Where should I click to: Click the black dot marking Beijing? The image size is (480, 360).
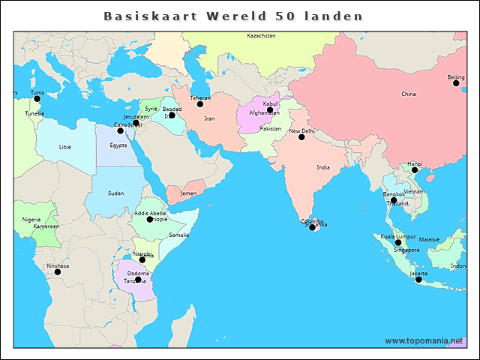456,83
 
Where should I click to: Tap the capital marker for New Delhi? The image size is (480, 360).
301,136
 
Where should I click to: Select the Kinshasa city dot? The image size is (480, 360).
58,271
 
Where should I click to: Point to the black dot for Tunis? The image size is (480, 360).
37,99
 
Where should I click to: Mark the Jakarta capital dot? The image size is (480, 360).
418,280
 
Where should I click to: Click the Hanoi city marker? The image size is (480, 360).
415,170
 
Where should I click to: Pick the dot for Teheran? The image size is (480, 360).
200,104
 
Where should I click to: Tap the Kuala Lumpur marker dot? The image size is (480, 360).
398,242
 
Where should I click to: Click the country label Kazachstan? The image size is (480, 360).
261,36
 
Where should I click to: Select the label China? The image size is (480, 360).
408,94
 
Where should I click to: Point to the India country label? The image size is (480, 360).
322,167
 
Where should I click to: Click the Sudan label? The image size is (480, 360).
115,193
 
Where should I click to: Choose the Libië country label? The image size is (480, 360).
65,147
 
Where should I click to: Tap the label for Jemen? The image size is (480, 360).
188,193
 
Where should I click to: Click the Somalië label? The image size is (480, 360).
179,235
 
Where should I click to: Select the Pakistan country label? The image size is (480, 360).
270,128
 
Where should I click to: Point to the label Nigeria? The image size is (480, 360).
31,220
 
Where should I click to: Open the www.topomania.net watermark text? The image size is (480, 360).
424,340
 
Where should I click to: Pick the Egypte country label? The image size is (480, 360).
118,145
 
